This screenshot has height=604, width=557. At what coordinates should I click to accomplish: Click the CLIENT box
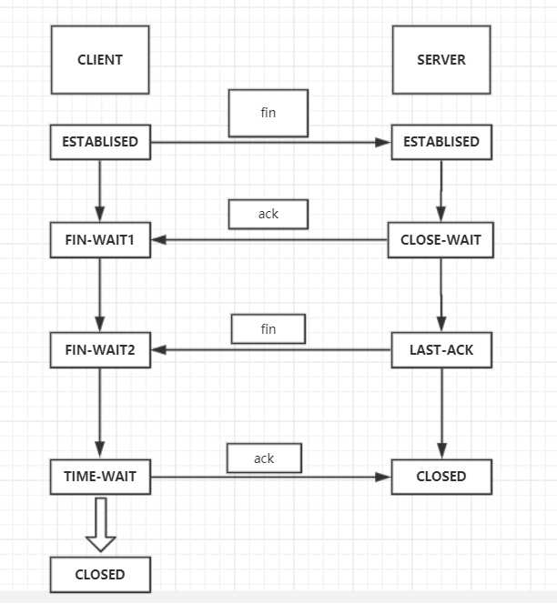click(100, 60)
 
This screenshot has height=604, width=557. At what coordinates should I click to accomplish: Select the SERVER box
click(441, 60)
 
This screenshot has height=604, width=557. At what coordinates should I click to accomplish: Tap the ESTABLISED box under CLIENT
click(100, 142)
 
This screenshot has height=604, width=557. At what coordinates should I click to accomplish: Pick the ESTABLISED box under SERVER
click(441, 142)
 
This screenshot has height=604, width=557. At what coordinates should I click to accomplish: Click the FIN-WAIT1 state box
click(100, 239)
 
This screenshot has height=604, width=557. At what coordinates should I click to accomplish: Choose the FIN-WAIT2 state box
click(100, 350)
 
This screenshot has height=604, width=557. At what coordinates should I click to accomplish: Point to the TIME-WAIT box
click(100, 477)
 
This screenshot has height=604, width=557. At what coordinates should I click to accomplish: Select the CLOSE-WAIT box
click(441, 239)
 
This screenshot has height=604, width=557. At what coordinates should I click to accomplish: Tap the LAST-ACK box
click(441, 350)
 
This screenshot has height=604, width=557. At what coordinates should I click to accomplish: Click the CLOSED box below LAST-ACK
click(441, 477)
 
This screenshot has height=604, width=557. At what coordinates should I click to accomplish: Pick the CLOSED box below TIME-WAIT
click(100, 575)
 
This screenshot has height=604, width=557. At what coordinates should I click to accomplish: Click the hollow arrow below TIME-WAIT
click(101, 525)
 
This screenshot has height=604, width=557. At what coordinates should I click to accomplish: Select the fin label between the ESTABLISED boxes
click(268, 113)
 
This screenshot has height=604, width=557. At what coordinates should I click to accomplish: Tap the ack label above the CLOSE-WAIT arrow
click(268, 214)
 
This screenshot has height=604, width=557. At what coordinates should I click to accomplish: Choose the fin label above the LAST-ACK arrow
click(268, 329)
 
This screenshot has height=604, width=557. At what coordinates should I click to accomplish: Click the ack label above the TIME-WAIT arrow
click(264, 458)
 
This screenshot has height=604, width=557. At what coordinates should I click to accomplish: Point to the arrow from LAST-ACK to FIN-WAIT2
click(271, 350)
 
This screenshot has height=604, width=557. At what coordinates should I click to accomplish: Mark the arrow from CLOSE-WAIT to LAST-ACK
click(441, 295)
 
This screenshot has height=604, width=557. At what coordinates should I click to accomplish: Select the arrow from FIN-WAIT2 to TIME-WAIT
click(100, 413)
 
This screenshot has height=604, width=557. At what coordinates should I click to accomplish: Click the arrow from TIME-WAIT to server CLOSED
click(271, 477)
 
